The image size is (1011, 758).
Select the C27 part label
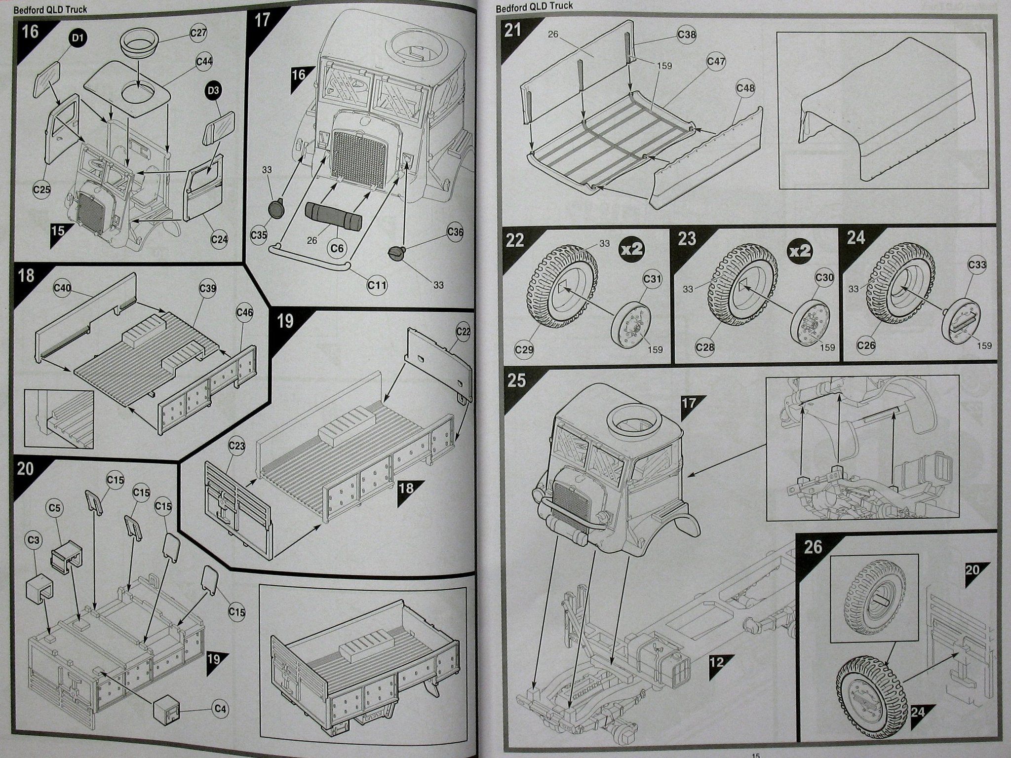pyautogui.click(x=198, y=33)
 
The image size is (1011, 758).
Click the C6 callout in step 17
pyautogui.click(x=337, y=248)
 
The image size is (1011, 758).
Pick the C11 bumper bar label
pyautogui.click(x=378, y=285)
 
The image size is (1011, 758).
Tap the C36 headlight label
pyautogui.click(x=455, y=231)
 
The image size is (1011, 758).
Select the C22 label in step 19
pyautogui.click(x=463, y=332)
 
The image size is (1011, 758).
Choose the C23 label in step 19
pyautogui.click(x=237, y=447)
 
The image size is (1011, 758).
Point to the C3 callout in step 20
pyautogui.click(x=34, y=540)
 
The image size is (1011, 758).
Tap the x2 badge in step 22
pyautogui.click(x=632, y=249)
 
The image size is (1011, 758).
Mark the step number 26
pyautogui.click(x=813, y=547)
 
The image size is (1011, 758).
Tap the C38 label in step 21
pyautogui.click(x=687, y=35)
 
